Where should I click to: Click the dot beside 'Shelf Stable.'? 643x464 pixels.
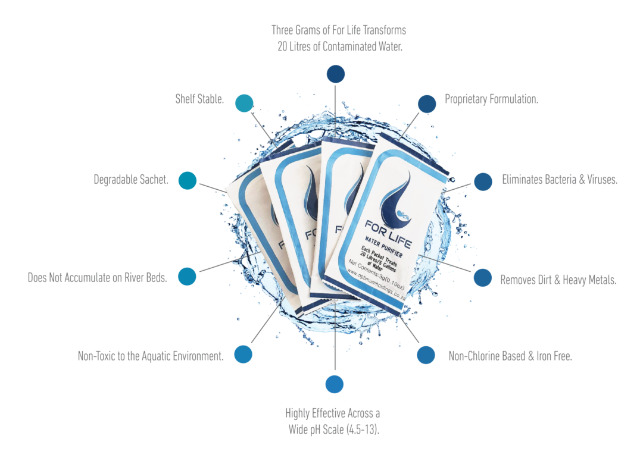pyautogui.click(x=244, y=103)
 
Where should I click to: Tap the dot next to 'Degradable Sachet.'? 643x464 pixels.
pyautogui.click(x=188, y=180)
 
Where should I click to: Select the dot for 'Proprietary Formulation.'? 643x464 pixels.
pyautogui.click(x=427, y=104)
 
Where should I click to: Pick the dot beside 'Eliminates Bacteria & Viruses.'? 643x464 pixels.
pyautogui.click(x=483, y=181)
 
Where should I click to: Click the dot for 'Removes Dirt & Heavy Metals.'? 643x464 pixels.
pyautogui.click(x=483, y=277)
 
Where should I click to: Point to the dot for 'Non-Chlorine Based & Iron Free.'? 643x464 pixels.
pyautogui.click(x=426, y=355)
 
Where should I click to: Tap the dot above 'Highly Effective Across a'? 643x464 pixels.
pyautogui.click(x=335, y=384)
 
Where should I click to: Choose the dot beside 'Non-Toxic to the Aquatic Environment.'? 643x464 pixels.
pyautogui.click(x=243, y=354)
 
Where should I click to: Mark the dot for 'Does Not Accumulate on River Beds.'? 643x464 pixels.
pyautogui.click(x=187, y=276)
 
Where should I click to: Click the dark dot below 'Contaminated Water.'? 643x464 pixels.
pyautogui.click(x=336, y=74)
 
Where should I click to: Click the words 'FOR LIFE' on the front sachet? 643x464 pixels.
pyautogui.click(x=388, y=234)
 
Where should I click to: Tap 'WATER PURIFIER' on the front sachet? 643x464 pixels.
pyautogui.click(x=384, y=247)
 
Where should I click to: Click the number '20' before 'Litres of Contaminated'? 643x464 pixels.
pyautogui.click(x=282, y=47)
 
